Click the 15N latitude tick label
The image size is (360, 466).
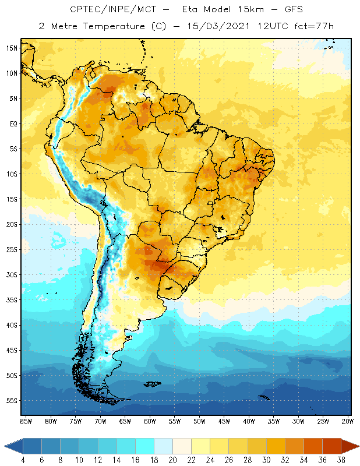tap(12, 48)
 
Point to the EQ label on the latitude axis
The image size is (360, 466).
tap(13, 123)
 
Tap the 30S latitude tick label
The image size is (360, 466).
tap(12, 274)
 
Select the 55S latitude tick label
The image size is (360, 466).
tap(12, 401)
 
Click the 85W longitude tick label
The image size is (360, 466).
tap(26, 421)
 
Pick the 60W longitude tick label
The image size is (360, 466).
tap(150, 421)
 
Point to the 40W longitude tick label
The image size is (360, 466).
tap(249, 421)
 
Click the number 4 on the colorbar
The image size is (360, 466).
tap(23, 460)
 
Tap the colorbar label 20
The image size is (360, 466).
tap(172, 460)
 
